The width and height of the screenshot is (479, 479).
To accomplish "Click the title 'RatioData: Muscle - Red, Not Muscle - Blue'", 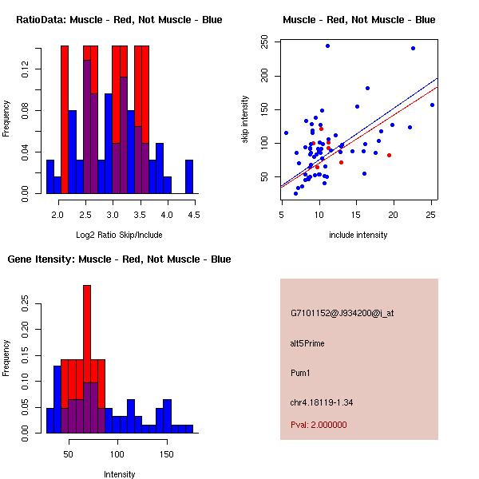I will [x=119, y=19].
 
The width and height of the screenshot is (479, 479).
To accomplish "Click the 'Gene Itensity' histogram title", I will [x=119, y=259].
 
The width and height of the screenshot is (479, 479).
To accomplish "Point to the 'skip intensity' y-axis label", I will [x=246, y=120].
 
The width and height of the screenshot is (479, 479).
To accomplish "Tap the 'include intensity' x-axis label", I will [x=358, y=234].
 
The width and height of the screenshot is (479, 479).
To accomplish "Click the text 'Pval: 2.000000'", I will [x=319, y=425].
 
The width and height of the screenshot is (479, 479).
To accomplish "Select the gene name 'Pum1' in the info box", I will [x=300, y=372].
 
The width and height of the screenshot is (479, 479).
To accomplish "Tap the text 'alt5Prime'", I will [x=307, y=343].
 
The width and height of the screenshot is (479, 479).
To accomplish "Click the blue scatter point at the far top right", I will [x=413, y=48].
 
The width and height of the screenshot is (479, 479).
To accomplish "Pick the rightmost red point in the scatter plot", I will [x=389, y=155].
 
